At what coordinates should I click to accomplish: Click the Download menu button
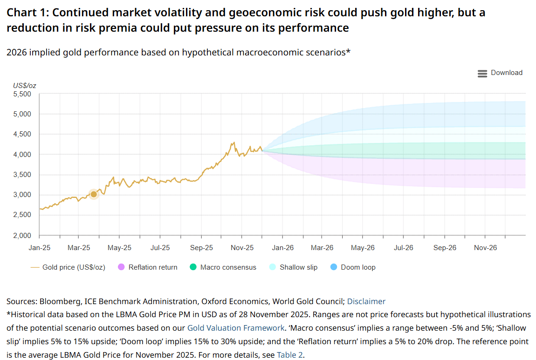(500, 73)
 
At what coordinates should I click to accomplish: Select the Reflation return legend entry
(148, 267)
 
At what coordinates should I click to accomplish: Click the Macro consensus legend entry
(223, 267)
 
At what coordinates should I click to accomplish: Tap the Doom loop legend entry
(353, 267)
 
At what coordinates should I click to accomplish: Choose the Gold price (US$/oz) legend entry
(68, 267)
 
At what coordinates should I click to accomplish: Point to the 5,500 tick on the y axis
(22, 94)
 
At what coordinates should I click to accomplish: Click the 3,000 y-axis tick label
(22, 195)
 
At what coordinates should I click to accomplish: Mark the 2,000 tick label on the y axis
(22, 235)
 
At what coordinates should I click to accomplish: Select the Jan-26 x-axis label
(283, 248)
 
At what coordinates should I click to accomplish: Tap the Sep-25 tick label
(201, 248)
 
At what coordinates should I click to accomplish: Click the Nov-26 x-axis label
(485, 248)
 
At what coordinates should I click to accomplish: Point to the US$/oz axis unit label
(25, 85)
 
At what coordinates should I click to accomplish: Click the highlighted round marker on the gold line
(94, 194)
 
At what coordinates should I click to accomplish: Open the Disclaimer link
(366, 301)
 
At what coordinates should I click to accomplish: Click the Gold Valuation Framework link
(236, 328)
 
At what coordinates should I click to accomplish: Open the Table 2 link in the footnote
(289, 355)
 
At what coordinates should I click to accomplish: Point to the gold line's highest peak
(234, 143)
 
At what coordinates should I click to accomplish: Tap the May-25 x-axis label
(119, 248)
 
